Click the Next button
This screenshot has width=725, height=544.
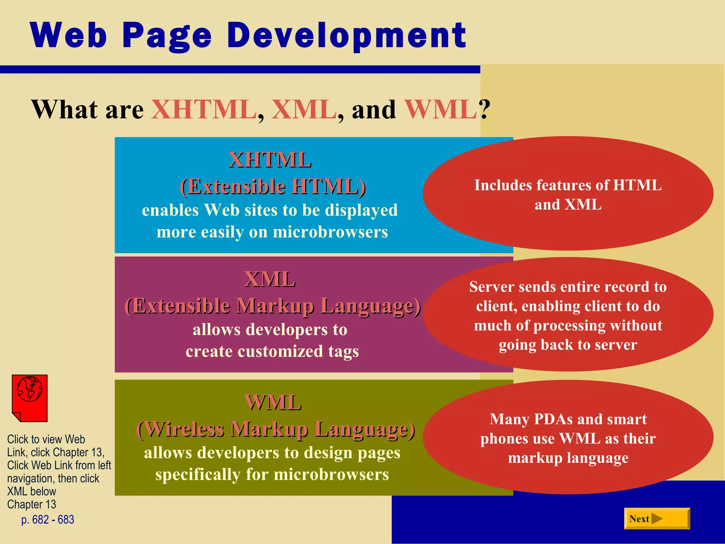(x=657, y=518)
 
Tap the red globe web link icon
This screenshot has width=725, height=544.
(x=30, y=398)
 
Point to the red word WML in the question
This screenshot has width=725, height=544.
(x=441, y=109)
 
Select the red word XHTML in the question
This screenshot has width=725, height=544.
(x=204, y=109)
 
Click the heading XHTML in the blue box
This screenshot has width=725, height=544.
(x=270, y=160)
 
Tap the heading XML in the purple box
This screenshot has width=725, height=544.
(x=270, y=279)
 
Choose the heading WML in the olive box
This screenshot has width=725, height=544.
(x=273, y=403)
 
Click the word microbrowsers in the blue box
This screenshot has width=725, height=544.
(x=330, y=232)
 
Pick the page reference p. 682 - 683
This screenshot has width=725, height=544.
(x=48, y=520)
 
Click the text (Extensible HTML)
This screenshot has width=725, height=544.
(x=273, y=187)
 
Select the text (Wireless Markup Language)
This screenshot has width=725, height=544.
(x=275, y=429)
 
